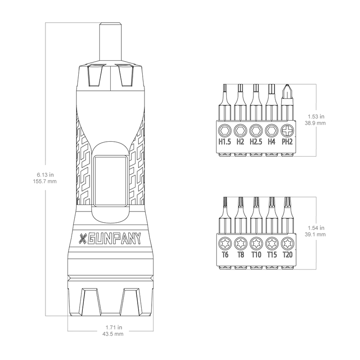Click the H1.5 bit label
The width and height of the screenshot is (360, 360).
pos(225,142)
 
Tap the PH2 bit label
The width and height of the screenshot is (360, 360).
pos(287,142)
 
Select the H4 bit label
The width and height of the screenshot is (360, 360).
pos(271,142)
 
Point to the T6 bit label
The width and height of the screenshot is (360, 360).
pos(225,255)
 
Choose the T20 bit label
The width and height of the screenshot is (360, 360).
pos(288,255)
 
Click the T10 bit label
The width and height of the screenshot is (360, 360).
pos(256,255)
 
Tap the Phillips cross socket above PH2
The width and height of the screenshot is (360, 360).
pos(287,130)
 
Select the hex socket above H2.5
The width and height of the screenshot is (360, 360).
pos(256,130)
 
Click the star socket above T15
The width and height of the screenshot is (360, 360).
pos(272,243)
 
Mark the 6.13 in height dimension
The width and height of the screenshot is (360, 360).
pos(45,175)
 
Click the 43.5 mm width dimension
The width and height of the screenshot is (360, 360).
pos(113,334)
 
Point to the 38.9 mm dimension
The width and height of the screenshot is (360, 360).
pos(315,123)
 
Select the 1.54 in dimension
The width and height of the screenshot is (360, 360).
pos(316,228)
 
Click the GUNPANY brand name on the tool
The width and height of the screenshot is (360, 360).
pos(114,239)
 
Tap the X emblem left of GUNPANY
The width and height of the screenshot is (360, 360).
pos(82,239)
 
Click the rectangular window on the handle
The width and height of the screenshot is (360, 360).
pos(111,181)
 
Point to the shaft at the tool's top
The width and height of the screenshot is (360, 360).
pos(110,42)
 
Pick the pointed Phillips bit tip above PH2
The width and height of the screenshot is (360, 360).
pos(287,91)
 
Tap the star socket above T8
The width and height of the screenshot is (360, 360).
pos(240,243)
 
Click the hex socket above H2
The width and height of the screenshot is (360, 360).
pos(240,130)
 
